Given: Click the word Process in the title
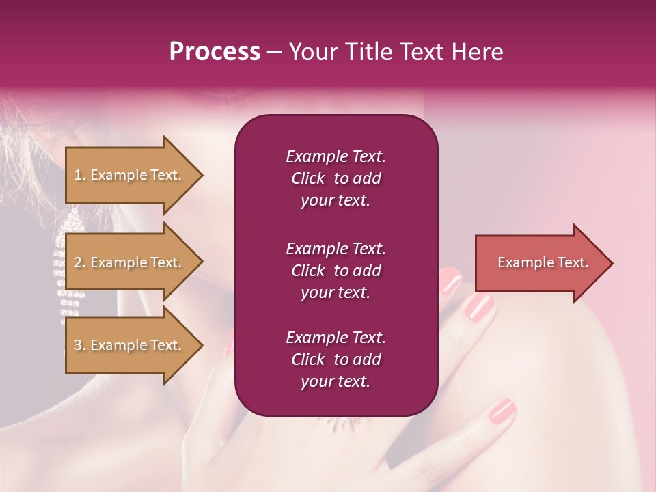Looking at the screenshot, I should [x=215, y=52].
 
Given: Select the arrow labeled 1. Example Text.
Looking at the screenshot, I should [x=130, y=175].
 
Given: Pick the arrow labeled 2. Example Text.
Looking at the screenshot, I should [x=130, y=262].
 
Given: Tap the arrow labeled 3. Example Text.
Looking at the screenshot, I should [x=130, y=345].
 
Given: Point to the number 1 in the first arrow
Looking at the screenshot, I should [x=77, y=175].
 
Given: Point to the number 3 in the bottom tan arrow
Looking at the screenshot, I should [x=77, y=345].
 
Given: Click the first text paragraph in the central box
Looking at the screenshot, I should [x=336, y=178].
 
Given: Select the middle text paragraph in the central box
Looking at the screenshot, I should [x=336, y=271].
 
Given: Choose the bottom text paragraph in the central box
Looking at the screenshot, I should [x=336, y=359].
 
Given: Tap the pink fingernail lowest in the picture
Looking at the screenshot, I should [x=502, y=411].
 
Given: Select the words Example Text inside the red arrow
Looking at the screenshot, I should [x=543, y=262].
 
